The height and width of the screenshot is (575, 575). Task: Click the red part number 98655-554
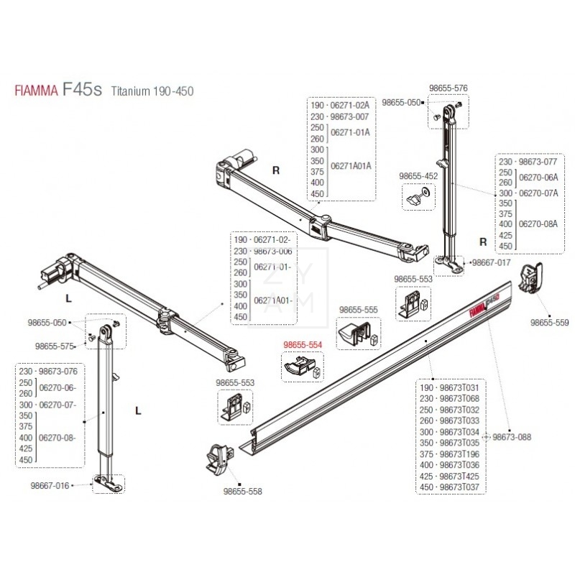[303, 345]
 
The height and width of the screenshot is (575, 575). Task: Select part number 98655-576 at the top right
[448, 88]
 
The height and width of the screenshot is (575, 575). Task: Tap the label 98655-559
[550, 323]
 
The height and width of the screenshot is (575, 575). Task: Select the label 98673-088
[511, 437]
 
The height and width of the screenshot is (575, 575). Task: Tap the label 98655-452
[418, 175]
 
